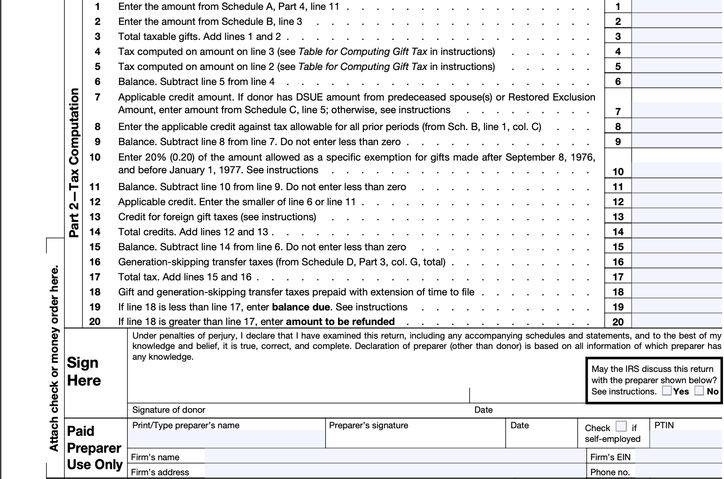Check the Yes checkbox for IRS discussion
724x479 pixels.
(667, 391)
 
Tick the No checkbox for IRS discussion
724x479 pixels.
(700, 391)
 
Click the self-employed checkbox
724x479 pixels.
(621, 426)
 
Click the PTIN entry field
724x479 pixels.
(685, 438)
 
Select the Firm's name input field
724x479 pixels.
(394, 456)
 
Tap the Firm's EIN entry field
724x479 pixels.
(678, 456)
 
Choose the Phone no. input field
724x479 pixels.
(678, 471)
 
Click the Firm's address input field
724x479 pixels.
(394, 471)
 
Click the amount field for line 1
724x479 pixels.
(677, 7)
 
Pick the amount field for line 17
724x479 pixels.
(677, 277)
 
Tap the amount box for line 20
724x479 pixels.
(677, 322)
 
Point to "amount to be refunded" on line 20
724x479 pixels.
(340, 322)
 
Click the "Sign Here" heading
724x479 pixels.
(84, 371)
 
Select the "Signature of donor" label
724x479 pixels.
(169, 410)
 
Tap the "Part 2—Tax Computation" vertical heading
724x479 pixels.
(74, 163)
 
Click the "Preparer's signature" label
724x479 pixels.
(369, 425)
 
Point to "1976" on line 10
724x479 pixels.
(582, 157)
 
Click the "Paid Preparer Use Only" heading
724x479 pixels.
(94, 448)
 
